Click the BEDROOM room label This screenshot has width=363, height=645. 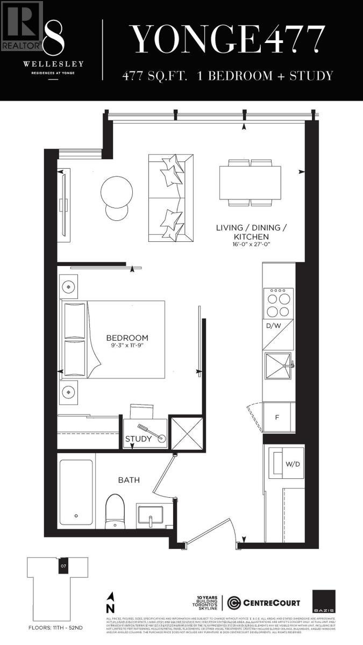point(127,338)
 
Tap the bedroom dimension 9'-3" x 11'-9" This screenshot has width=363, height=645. point(127,346)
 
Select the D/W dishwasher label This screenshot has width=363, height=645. point(273,326)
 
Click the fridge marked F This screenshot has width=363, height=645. point(277,417)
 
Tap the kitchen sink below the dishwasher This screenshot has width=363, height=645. point(278,366)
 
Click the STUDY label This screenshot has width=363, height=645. point(138,439)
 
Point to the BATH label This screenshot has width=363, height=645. point(129,479)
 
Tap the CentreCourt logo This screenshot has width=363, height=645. point(264,602)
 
